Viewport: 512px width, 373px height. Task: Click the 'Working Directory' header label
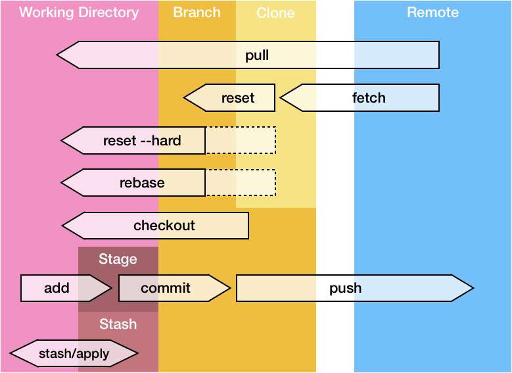[x=79, y=12]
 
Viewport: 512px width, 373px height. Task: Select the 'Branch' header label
[x=197, y=12]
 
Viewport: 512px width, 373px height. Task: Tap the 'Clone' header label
[x=275, y=13]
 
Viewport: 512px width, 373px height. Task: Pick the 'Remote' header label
[x=432, y=12]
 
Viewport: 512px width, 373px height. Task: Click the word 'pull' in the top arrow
[x=257, y=55]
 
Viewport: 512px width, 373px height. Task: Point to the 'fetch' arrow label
[x=369, y=98]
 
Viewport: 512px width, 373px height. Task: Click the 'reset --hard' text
[x=142, y=140]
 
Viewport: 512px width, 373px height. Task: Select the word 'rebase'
[x=142, y=183]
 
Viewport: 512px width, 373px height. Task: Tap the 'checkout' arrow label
[x=164, y=226]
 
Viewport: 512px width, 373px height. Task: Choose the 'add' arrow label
[x=57, y=288]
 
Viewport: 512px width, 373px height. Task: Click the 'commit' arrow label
[x=166, y=288]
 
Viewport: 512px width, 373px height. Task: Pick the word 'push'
[x=346, y=288]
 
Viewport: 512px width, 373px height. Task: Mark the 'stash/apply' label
[x=74, y=354]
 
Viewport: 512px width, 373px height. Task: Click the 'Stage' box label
[x=118, y=259]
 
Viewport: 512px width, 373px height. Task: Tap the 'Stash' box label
[x=118, y=324]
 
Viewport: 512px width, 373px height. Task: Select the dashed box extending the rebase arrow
[x=241, y=183]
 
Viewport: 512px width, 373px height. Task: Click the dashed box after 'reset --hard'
[x=241, y=140]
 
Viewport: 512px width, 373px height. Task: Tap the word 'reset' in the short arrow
[x=237, y=98]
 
